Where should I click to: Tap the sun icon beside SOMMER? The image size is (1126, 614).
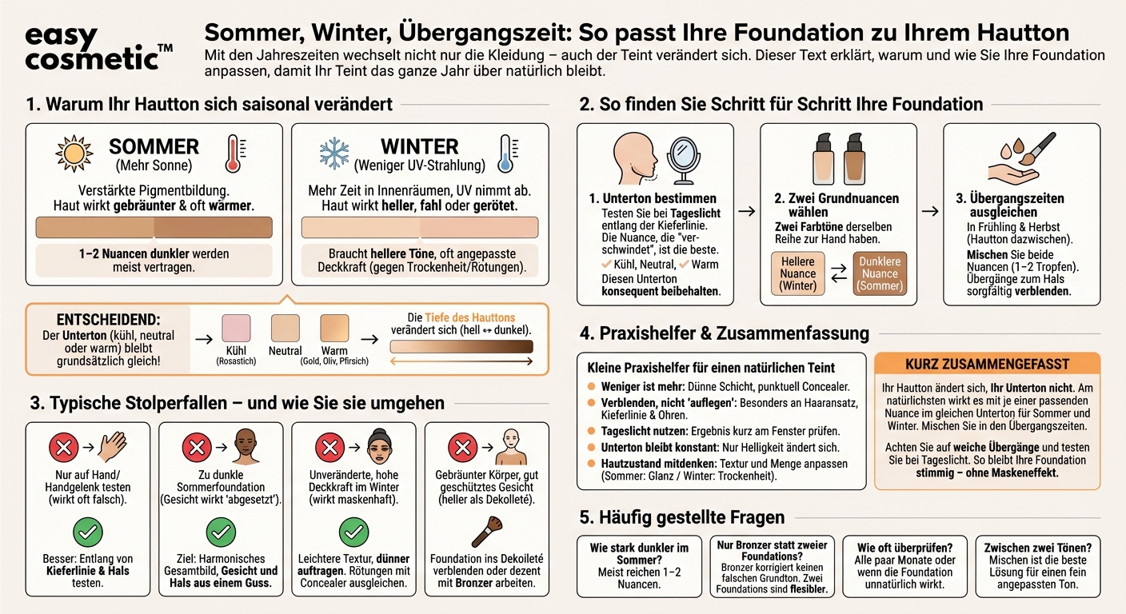(74, 153)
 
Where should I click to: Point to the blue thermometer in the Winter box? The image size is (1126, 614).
(505, 153)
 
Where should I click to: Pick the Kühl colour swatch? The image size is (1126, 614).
(236, 329)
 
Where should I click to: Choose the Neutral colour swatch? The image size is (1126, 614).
(285, 329)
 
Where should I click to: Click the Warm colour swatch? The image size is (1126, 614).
(334, 329)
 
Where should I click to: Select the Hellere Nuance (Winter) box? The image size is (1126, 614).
(797, 273)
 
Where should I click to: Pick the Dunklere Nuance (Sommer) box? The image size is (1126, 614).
(880, 273)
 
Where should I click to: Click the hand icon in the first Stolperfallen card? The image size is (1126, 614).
(112, 446)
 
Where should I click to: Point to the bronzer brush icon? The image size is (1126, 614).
(488, 531)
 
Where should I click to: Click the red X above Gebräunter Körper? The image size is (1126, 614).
(463, 446)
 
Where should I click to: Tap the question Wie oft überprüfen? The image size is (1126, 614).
(904, 548)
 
